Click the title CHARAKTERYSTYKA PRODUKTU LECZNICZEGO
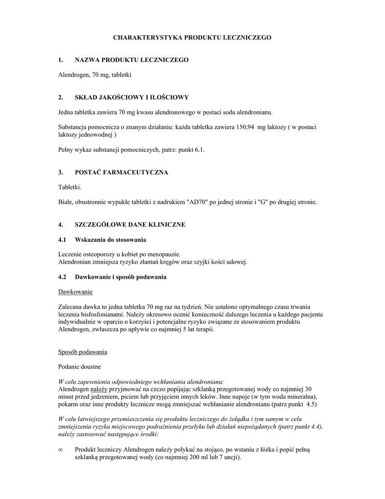(192, 37)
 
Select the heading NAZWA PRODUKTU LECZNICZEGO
(131, 60)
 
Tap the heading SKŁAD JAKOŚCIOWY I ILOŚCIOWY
(131, 97)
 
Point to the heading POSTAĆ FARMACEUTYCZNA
(121, 173)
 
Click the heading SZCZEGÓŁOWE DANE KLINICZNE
(130, 225)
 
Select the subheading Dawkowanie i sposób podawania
(121, 277)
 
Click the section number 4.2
(62, 277)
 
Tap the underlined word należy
(98, 389)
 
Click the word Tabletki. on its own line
(70, 188)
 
